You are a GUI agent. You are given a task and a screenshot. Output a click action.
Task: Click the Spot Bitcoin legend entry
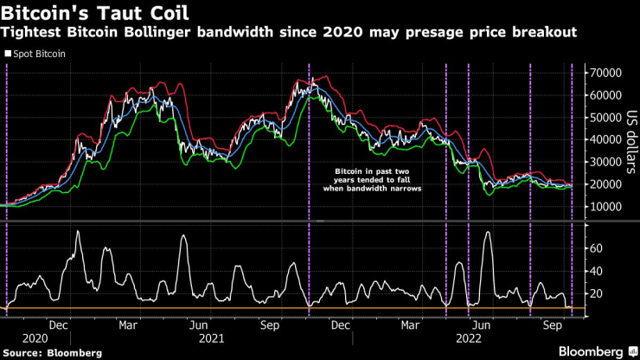pos(40,54)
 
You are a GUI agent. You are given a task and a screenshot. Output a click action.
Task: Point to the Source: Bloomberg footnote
pos(52,353)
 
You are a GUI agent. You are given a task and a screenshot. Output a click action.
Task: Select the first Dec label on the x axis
pos(59,325)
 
